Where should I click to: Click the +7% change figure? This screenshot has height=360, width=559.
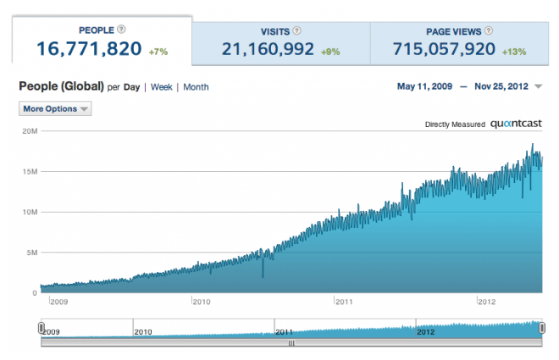tap(158, 52)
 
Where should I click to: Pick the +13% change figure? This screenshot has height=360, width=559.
tap(513, 52)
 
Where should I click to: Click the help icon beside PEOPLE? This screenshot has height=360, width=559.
tap(122, 30)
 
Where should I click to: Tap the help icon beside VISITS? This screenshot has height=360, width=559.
tap(296, 30)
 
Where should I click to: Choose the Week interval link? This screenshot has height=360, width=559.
tap(161, 87)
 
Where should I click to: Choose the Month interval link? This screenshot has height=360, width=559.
tap(196, 87)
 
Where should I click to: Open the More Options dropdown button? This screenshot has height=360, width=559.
tap(55, 108)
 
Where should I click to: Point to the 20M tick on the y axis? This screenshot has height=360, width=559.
tap(30, 131)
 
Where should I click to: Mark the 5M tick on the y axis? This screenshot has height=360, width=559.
tap(31, 252)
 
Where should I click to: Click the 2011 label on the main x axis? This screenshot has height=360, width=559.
tap(343, 301)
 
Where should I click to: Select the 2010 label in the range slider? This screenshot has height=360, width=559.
tap(142, 331)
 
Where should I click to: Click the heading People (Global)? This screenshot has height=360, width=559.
tap(61, 86)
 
